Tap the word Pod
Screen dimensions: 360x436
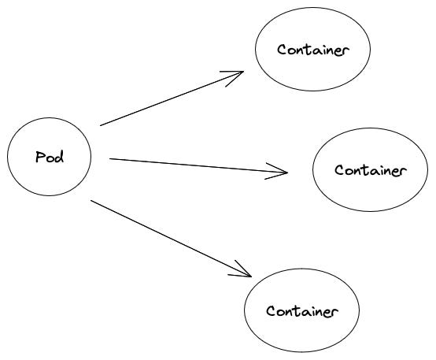[x=50, y=157]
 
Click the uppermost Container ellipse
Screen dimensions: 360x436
[x=312, y=49]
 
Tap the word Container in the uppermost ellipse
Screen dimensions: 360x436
[x=312, y=50]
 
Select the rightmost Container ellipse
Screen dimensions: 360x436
[x=370, y=170]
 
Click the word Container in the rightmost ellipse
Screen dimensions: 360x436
[x=370, y=170]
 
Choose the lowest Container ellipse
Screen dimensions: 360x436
[x=302, y=310]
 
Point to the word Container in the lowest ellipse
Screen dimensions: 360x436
[x=302, y=311]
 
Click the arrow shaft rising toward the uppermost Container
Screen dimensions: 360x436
[x=169, y=99]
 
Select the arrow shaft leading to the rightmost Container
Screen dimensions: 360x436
[x=197, y=165]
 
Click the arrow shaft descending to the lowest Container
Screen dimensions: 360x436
[x=169, y=237]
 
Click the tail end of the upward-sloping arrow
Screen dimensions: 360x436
[x=102, y=124]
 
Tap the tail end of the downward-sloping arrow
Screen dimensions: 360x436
[x=92, y=200]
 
